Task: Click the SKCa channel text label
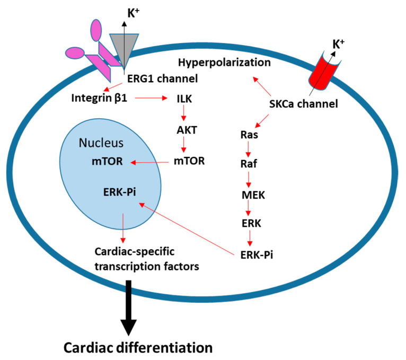pyautogui.click(x=304, y=104)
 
